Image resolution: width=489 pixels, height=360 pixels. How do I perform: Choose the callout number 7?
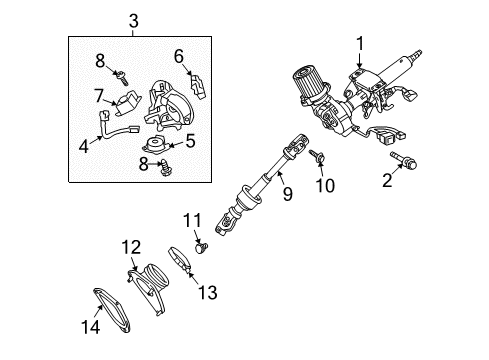(98, 97)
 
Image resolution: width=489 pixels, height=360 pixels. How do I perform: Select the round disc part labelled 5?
(159, 143)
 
